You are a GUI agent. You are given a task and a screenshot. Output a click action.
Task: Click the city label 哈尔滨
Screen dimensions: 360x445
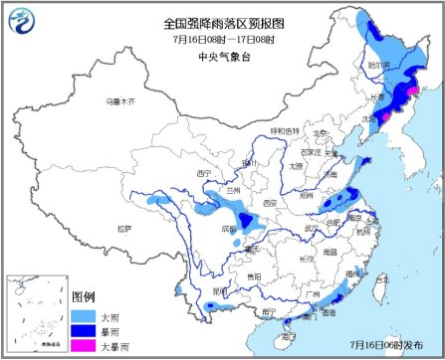tap(379, 64)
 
